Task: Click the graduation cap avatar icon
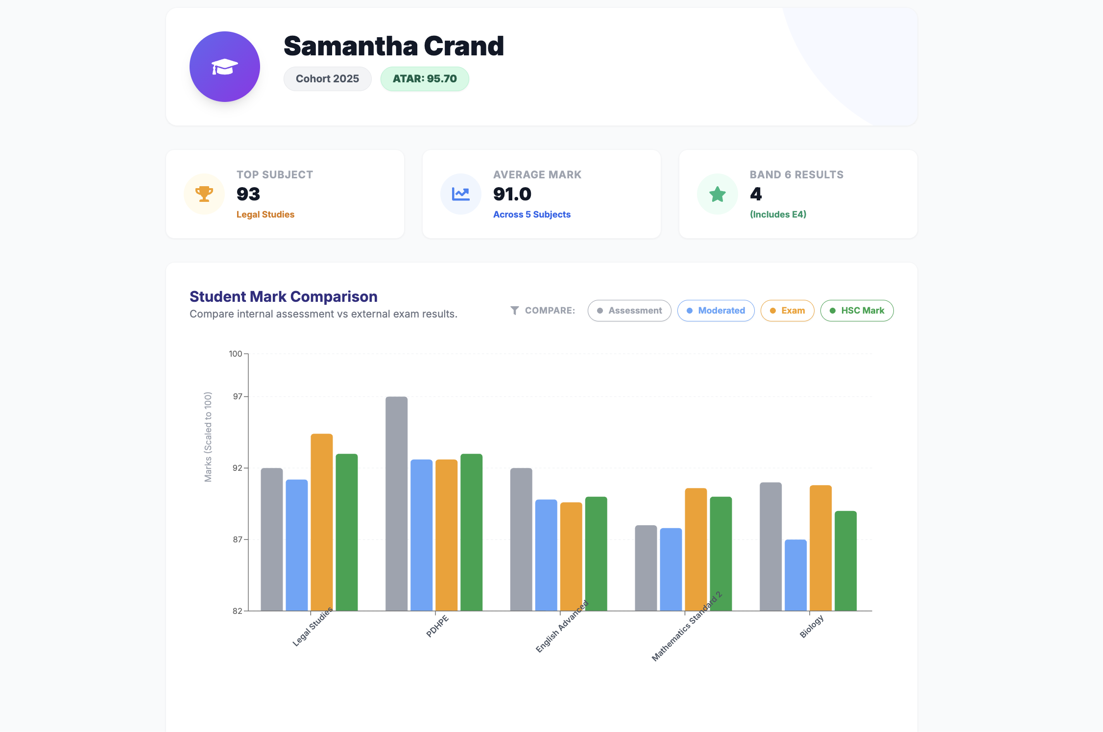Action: pyautogui.click(x=224, y=67)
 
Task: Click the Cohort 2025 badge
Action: pyautogui.click(x=327, y=79)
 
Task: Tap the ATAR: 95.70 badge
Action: pyautogui.click(x=425, y=79)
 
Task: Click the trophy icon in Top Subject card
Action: pyautogui.click(x=204, y=194)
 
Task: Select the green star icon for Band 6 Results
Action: pyautogui.click(x=717, y=194)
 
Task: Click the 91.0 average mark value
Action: pyautogui.click(x=512, y=194)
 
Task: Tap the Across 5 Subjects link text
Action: pyautogui.click(x=531, y=215)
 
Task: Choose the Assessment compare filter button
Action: pyautogui.click(x=629, y=311)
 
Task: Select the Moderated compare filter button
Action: pyautogui.click(x=716, y=311)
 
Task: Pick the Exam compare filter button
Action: pyautogui.click(x=787, y=311)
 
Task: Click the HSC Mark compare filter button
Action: pyautogui.click(x=857, y=311)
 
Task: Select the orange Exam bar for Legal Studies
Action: pyautogui.click(x=321, y=522)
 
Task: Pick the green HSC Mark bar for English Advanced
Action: pyautogui.click(x=596, y=553)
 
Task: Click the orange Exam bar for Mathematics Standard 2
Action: pyautogui.click(x=695, y=549)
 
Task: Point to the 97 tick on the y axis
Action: pyautogui.click(x=238, y=396)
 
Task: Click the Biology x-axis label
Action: pyautogui.click(x=812, y=626)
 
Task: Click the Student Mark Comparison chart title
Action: pyautogui.click(x=283, y=296)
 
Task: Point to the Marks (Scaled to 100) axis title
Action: pyautogui.click(x=208, y=437)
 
